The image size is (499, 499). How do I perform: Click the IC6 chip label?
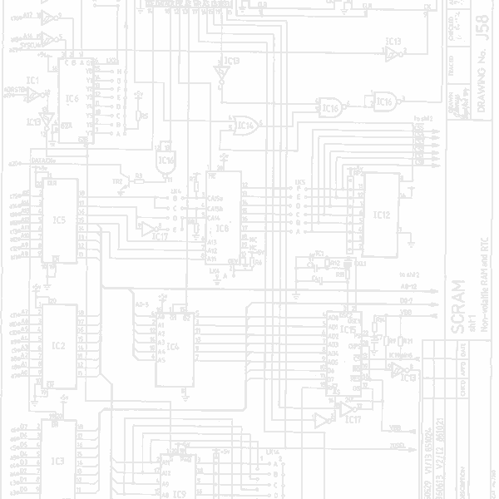(72, 98)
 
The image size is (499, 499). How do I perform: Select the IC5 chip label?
(58, 220)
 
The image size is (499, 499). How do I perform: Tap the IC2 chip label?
(58, 345)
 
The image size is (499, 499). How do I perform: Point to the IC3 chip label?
(57, 460)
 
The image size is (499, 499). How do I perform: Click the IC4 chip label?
(172, 346)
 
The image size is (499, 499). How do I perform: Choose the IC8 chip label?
(222, 227)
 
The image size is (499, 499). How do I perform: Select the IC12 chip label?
(382, 215)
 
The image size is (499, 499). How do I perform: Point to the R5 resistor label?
(144, 116)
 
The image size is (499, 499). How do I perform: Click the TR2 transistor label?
(118, 180)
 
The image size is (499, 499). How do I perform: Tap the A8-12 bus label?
(408, 285)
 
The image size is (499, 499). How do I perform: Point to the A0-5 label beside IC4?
(141, 304)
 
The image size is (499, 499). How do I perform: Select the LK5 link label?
(299, 180)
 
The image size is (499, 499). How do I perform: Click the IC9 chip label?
(179, 493)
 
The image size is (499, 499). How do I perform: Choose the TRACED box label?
(451, 75)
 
